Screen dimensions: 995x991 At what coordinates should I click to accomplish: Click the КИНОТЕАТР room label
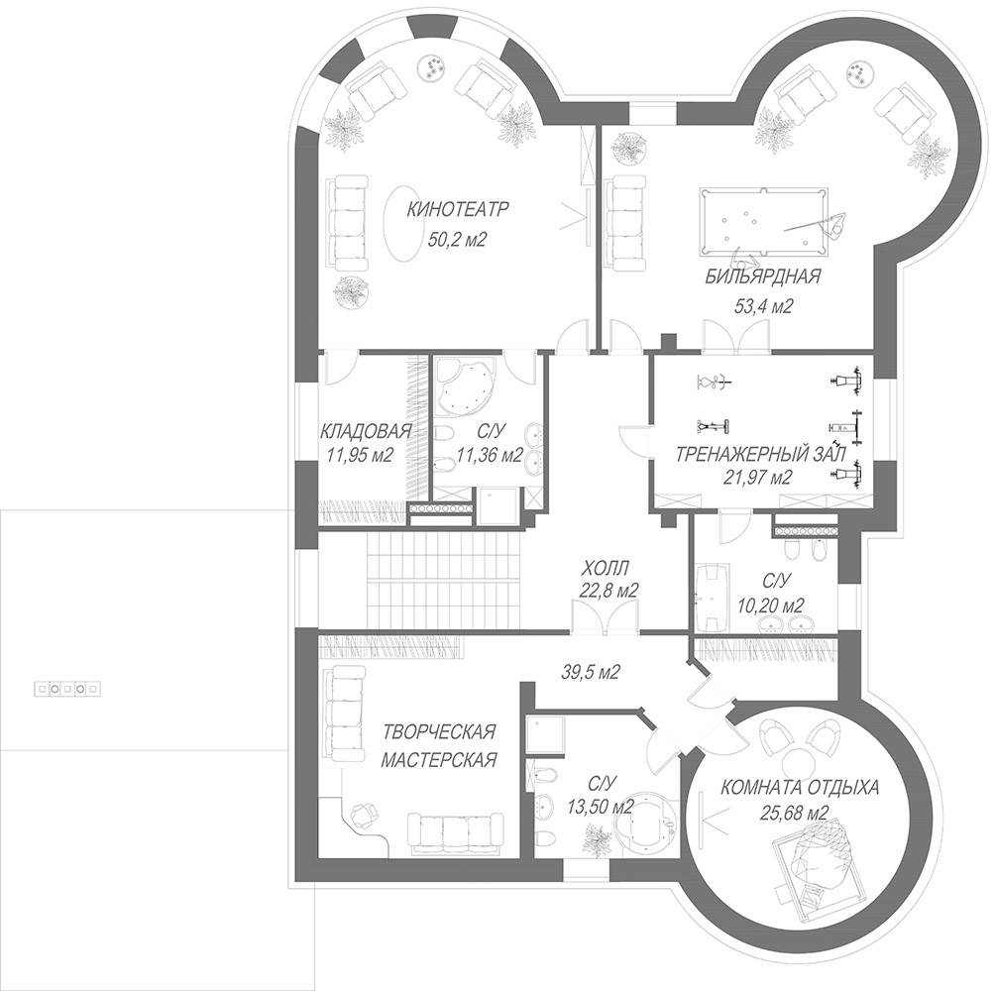pyautogui.click(x=457, y=209)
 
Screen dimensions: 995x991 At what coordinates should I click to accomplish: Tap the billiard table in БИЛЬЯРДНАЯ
pyautogui.click(x=764, y=221)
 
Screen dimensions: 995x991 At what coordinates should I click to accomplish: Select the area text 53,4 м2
pyautogui.click(x=764, y=307)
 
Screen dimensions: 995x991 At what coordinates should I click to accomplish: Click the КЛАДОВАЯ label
pyautogui.click(x=366, y=431)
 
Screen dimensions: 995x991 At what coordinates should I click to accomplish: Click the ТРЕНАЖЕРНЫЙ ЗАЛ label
pyautogui.click(x=761, y=455)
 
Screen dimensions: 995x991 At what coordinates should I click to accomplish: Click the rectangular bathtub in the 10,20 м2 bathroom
pyautogui.click(x=712, y=597)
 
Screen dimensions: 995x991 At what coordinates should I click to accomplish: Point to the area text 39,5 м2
pyautogui.click(x=590, y=671)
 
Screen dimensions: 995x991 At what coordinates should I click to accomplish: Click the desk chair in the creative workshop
pyautogui.click(x=363, y=815)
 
